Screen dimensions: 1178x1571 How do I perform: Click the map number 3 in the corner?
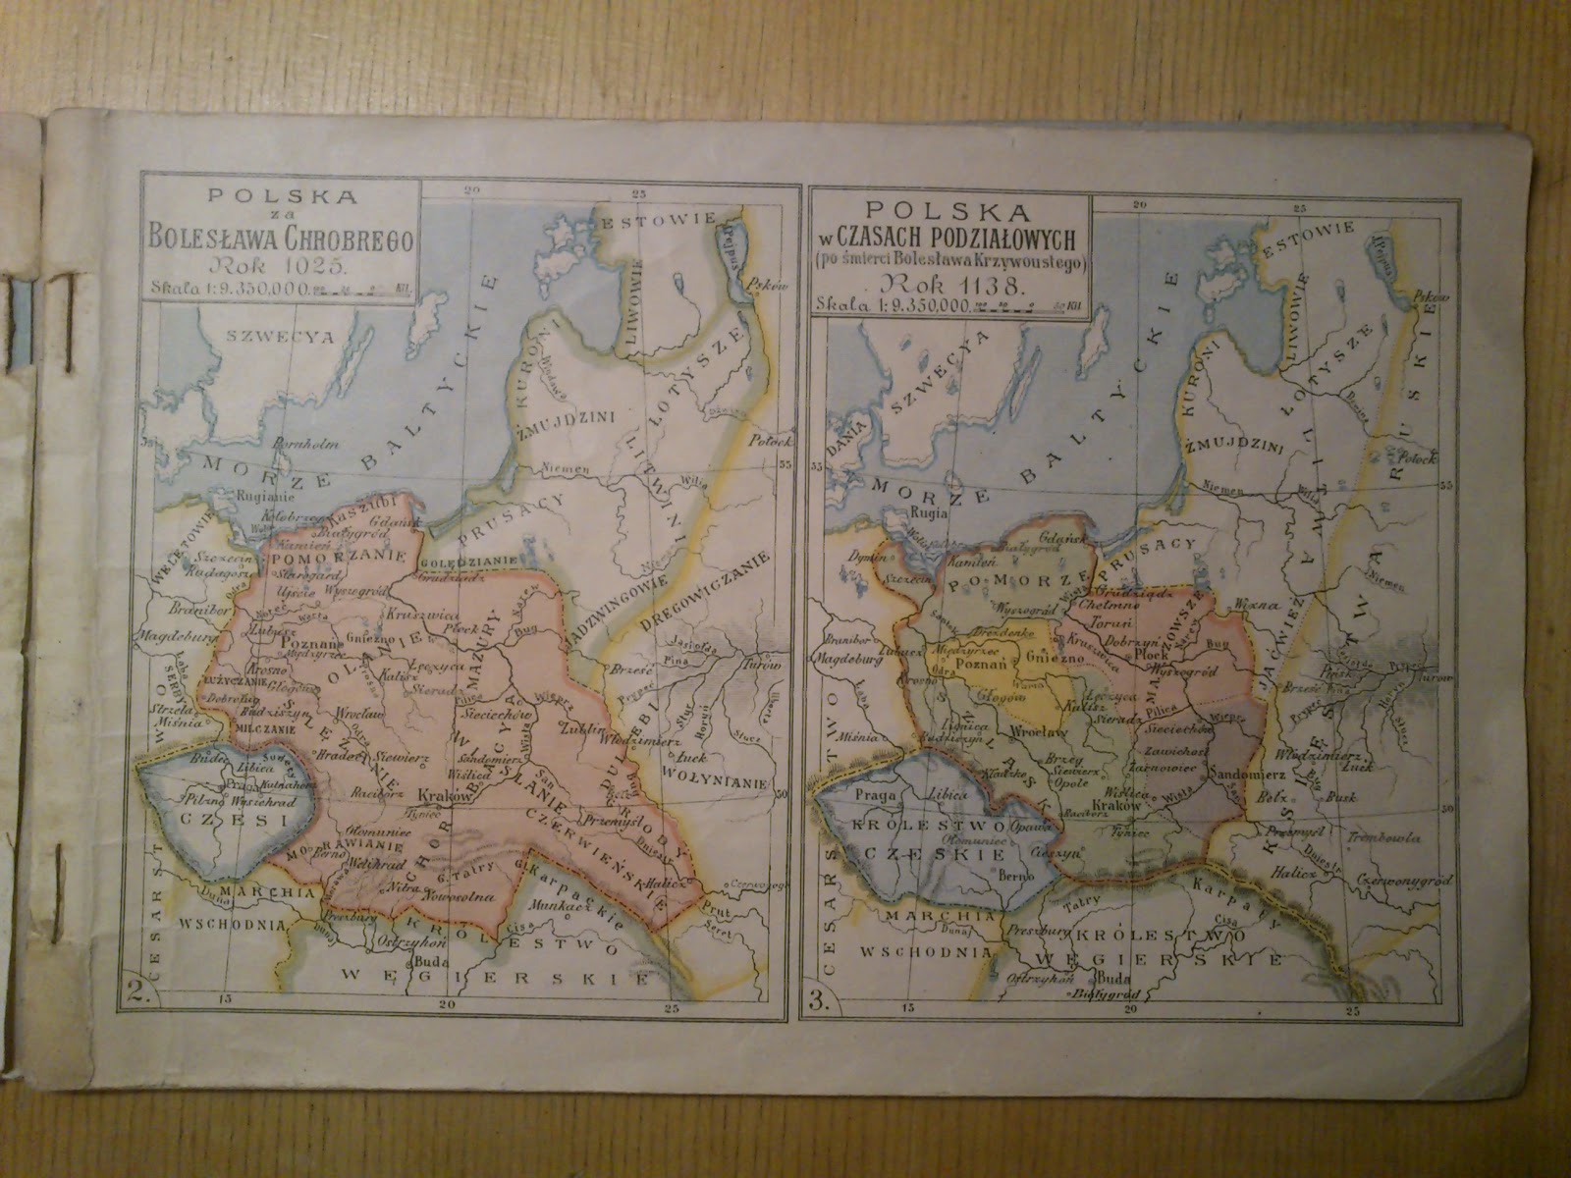pos(813,1002)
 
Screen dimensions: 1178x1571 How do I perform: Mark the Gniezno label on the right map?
pos(1050,655)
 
